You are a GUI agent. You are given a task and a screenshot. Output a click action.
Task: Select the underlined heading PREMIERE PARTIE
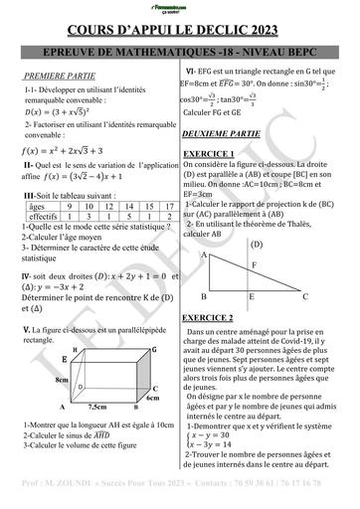[58, 75]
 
